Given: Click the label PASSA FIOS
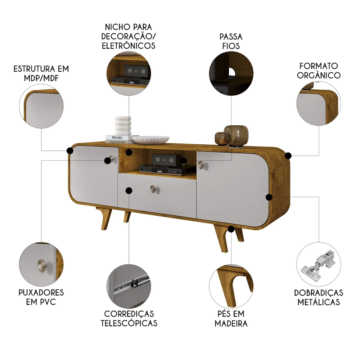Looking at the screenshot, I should pyautogui.click(x=231, y=41).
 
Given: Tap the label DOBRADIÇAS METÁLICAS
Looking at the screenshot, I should pyautogui.click(x=319, y=297).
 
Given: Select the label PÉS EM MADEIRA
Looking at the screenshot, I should pyautogui.click(x=231, y=318).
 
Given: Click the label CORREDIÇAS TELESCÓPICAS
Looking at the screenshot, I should pyautogui.click(x=129, y=318).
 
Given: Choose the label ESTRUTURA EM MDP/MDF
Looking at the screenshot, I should pyautogui.click(x=41, y=73).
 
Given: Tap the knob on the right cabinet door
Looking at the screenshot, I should pyautogui.click(x=201, y=165).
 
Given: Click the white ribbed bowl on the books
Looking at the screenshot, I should pyautogui.click(x=150, y=139).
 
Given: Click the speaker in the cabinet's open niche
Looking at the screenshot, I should pyautogui.click(x=165, y=158).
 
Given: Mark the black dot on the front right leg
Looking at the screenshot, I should pyautogui.click(x=231, y=229).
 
